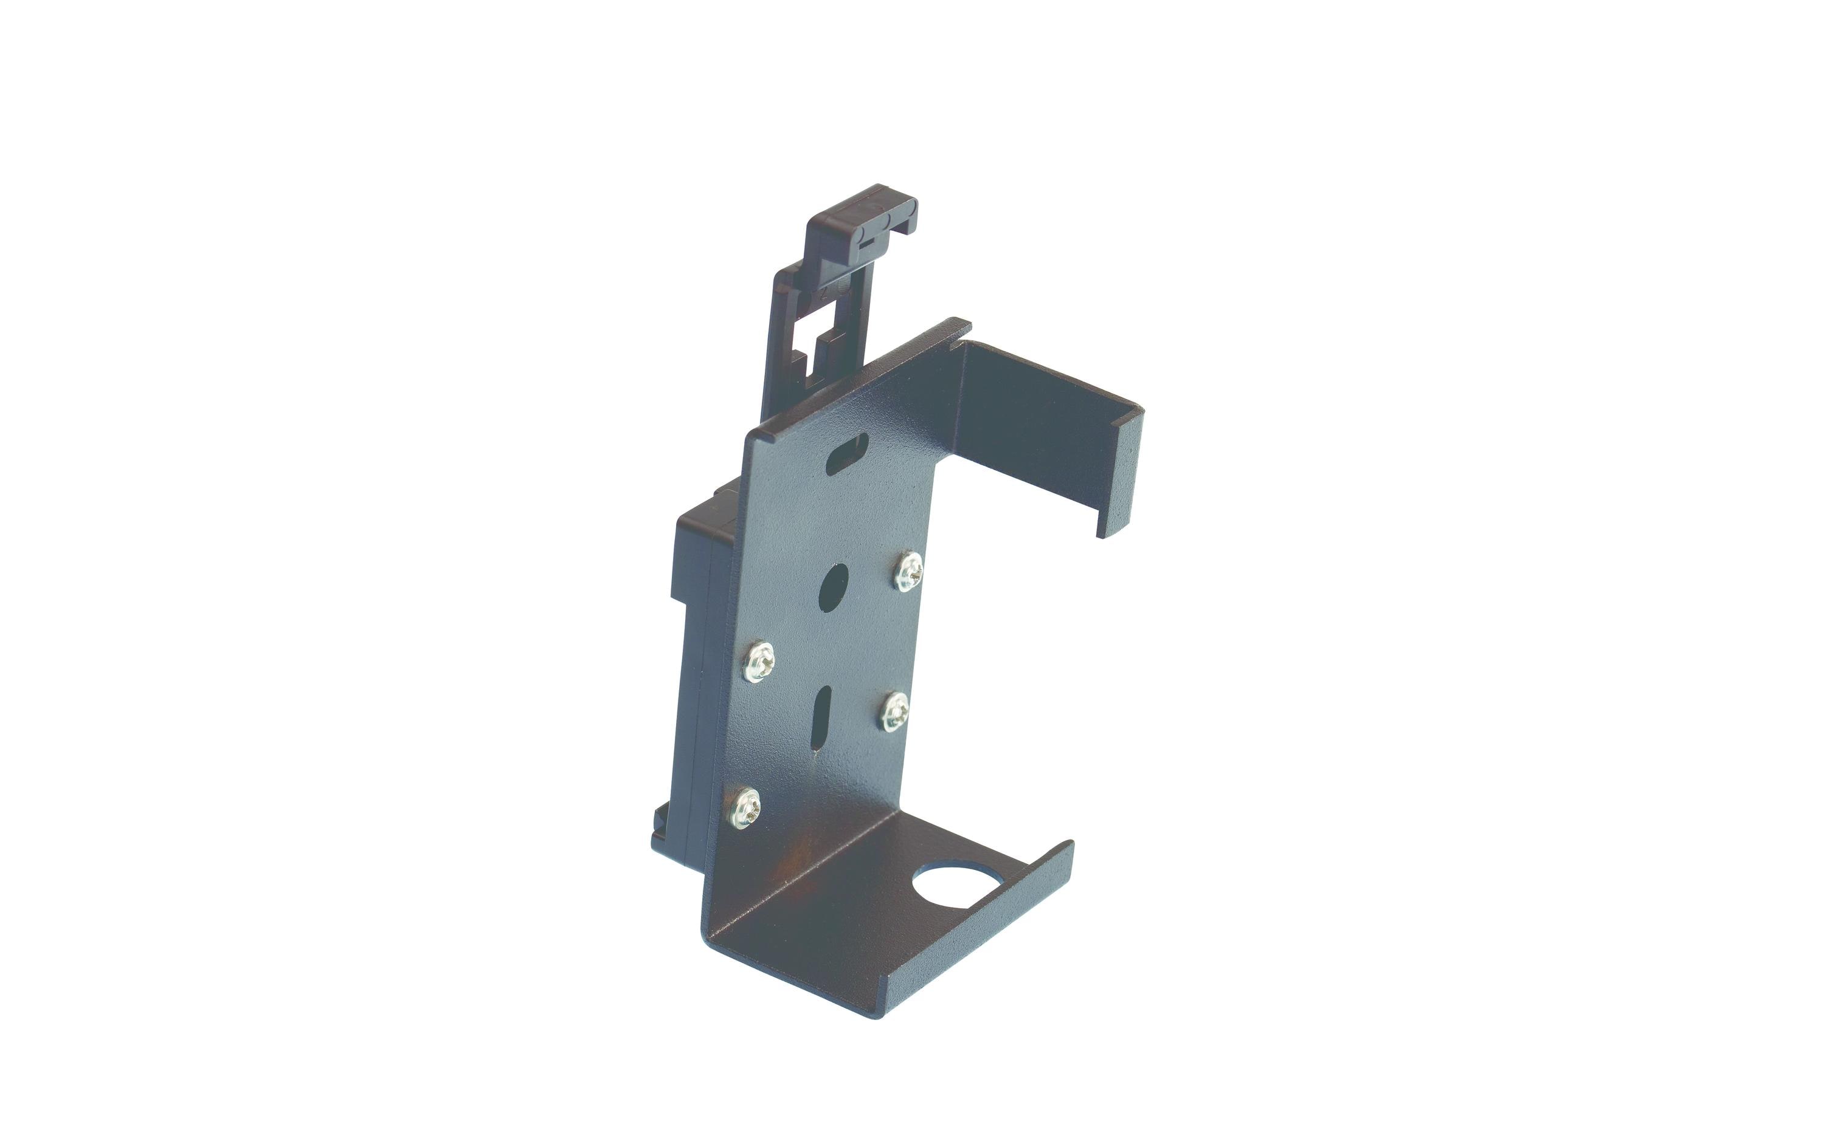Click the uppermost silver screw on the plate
pos(908,572)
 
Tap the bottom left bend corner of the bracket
pos(712,928)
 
